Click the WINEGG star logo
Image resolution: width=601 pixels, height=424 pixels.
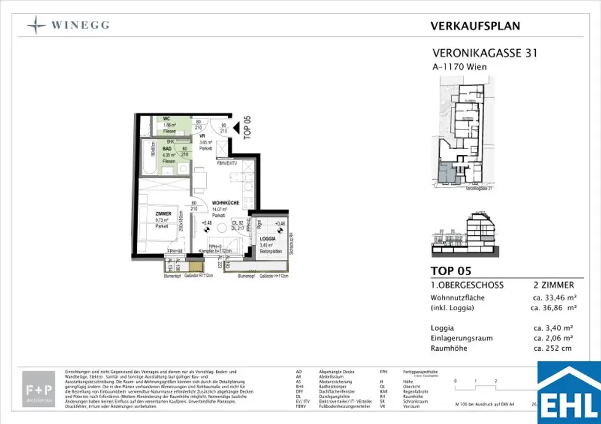pos(36,25)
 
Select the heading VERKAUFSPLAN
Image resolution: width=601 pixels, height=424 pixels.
pos(475,26)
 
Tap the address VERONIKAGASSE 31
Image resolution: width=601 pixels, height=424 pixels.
pos(484,53)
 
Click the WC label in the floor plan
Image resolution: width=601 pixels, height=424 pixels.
pos(150,119)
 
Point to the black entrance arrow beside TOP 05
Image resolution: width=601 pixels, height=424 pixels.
pos(237,127)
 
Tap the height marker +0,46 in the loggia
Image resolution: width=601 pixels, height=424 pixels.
pos(280,224)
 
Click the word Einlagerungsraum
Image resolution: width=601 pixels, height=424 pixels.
pos(461,338)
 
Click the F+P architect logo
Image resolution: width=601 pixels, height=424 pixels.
pos(39,388)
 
